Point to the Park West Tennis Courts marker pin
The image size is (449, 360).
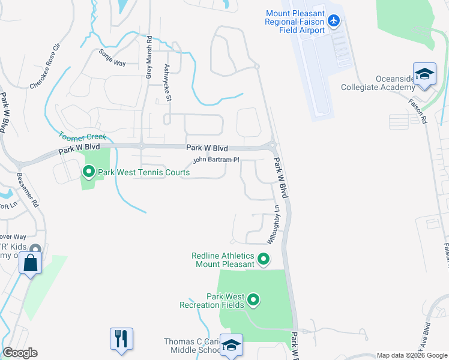[89, 173]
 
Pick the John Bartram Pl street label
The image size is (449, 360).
[215, 160]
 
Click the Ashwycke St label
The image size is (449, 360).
[168, 82]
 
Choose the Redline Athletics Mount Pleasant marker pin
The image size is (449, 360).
[263, 260]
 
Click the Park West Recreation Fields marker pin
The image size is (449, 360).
[253, 299]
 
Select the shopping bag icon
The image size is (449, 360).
[30, 263]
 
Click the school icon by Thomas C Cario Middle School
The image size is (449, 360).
[231, 345]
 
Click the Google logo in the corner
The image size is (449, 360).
[20, 352]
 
